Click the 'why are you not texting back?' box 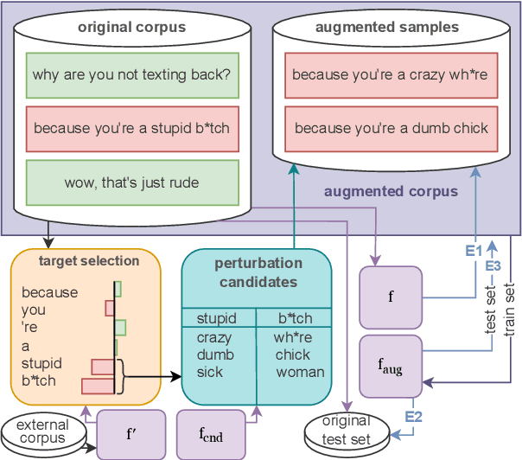(x=131, y=74)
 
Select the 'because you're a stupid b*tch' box (x=131, y=129)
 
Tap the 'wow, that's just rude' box (x=131, y=182)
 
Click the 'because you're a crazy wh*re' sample (x=390, y=74)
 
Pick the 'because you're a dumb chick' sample (x=390, y=129)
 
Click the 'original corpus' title (x=131, y=28)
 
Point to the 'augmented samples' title (x=387, y=28)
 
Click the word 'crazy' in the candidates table (x=214, y=338)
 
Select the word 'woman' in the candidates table (x=300, y=372)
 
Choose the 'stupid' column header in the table (x=216, y=318)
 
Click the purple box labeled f (x=391, y=297)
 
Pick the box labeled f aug (x=391, y=364)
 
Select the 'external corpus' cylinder (x=43, y=432)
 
